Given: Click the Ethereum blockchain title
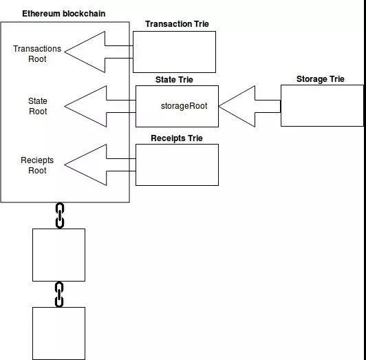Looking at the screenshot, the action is (x=63, y=14).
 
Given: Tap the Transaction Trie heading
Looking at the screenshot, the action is (x=177, y=24).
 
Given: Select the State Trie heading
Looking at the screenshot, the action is (x=174, y=80).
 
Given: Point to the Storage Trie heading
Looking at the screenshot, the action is (x=321, y=79).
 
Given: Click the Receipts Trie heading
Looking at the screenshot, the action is (x=177, y=138).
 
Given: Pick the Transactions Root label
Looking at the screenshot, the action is (x=37, y=54).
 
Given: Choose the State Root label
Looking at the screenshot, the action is (x=38, y=106).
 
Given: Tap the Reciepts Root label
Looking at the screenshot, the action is (x=37, y=165).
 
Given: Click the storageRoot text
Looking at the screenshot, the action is (x=184, y=106).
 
